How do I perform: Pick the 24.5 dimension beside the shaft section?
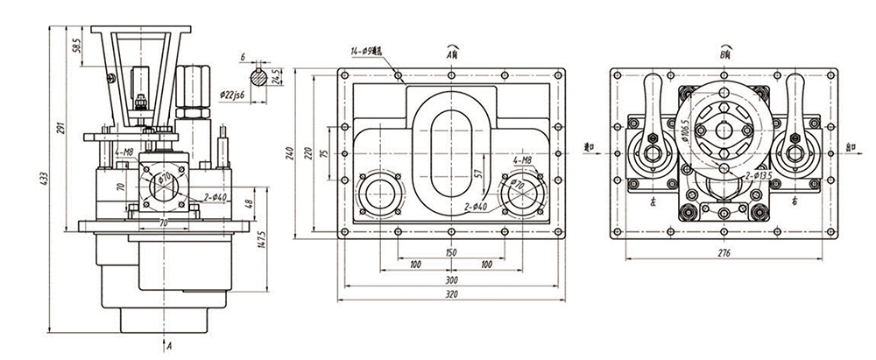click(x=276, y=76)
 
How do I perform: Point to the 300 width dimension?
click(x=450, y=279)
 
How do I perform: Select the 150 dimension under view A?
click(x=450, y=252)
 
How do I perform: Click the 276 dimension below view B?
click(x=723, y=254)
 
